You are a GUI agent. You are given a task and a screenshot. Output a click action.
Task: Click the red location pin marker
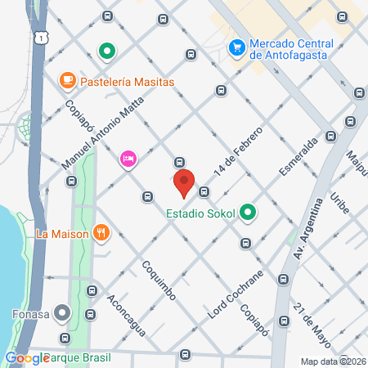tap(183, 183)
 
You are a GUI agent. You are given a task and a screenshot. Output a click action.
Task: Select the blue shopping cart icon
tap(237, 47)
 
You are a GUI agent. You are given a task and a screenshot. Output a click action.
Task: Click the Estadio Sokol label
tap(200, 214)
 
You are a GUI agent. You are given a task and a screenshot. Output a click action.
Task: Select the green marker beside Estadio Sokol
tap(248, 214)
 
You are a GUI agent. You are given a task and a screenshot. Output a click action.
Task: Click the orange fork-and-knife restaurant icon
tap(101, 232)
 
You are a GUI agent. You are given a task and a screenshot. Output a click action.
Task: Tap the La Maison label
tap(61, 233)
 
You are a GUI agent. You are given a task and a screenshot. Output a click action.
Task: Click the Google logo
tap(26, 358)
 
